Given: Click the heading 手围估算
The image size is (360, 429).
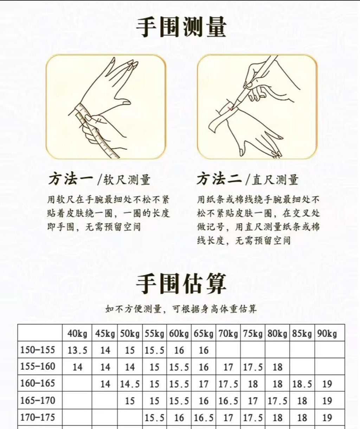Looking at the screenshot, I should [181, 284].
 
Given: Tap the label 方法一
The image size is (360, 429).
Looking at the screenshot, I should [71, 179].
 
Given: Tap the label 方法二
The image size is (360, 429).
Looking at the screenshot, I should [219, 179].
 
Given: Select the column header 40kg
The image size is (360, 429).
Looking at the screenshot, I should [77, 334].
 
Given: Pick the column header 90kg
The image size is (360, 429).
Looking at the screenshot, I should [327, 334].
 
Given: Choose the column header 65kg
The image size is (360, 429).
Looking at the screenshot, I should [204, 334].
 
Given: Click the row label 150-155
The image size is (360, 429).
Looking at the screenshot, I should [38, 350].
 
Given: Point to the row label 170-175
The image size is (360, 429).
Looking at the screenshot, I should [38, 418].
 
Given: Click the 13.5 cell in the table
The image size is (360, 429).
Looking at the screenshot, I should [77, 351].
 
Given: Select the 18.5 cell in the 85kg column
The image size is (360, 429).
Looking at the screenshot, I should [302, 384].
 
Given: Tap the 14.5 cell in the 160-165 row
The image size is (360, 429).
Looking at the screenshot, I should [130, 384].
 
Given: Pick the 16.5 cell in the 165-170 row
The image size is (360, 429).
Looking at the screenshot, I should [228, 401].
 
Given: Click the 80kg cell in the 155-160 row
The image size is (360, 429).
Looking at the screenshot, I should [277, 367].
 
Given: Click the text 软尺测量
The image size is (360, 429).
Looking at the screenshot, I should [127, 180].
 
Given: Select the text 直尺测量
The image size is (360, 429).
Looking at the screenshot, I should [275, 180].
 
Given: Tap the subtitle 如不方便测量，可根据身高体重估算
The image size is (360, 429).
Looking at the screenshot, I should [181, 309].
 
